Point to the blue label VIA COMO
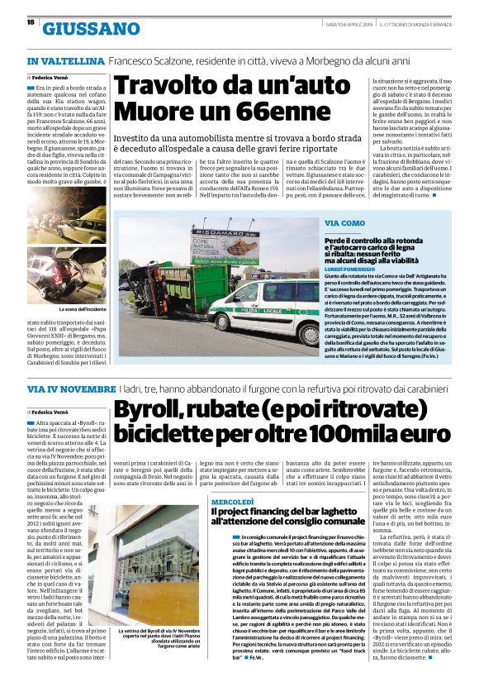pyautogui.click(x=346, y=223)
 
